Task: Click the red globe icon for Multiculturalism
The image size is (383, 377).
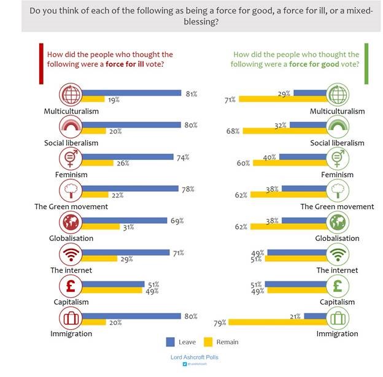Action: [x=71, y=94]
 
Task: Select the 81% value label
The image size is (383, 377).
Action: [x=191, y=93]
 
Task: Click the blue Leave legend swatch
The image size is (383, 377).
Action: [x=171, y=341]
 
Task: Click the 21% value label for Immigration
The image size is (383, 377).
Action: [x=295, y=316]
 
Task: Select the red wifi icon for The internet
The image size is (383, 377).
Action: [x=71, y=254]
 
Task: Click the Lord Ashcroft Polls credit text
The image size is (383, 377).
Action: [x=193, y=356]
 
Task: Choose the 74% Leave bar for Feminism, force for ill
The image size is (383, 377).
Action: [x=128, y=157]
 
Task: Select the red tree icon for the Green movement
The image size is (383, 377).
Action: [x=71, y=190]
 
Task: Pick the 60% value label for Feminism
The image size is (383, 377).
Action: [x=243, y=163]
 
